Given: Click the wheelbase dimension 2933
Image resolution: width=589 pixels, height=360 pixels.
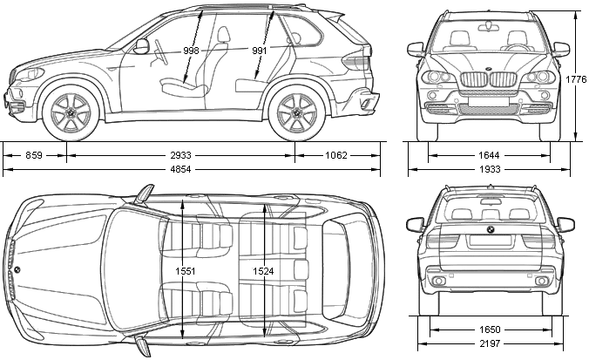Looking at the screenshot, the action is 180,155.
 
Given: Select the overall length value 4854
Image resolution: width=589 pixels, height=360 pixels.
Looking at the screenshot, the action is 180,169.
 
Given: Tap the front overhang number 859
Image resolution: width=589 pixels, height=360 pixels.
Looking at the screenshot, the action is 34,155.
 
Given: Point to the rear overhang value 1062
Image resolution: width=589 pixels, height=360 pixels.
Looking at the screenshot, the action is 336,155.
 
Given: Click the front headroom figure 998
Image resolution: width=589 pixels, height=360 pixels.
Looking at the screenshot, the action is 191,51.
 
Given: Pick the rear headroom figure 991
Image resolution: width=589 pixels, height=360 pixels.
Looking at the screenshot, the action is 259,51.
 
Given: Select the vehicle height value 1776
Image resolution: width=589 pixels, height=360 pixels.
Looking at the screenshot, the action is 576,79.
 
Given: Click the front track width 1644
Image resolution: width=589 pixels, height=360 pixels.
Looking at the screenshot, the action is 489,155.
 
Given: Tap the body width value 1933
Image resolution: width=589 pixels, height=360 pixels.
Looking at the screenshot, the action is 490,169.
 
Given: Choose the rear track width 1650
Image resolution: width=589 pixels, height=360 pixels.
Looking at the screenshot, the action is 490,329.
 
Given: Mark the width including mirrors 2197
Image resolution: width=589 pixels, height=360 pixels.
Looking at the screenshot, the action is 490,343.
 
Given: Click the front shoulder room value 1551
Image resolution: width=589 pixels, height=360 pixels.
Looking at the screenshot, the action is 186,271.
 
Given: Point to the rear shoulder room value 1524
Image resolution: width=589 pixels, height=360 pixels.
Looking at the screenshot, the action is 263,271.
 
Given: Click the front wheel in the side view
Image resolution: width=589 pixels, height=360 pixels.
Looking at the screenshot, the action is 71,112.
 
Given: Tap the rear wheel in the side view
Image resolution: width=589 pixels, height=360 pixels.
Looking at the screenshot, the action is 296,112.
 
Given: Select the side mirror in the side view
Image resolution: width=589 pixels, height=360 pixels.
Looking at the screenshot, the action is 142,45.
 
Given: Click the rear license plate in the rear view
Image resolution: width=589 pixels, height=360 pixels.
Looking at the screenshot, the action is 490,241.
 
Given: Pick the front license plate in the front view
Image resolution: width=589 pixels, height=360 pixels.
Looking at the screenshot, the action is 489,101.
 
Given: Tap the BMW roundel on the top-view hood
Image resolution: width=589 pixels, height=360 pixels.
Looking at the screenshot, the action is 17,269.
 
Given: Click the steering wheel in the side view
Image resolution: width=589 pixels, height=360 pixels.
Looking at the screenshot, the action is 160,51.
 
